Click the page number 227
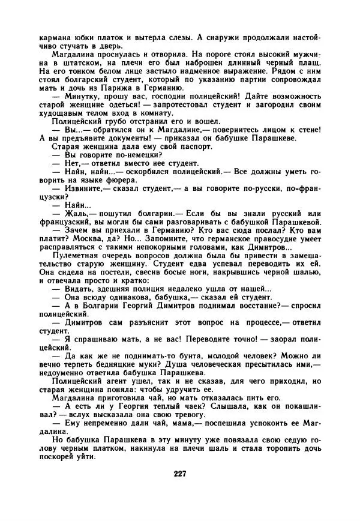[179, 474]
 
